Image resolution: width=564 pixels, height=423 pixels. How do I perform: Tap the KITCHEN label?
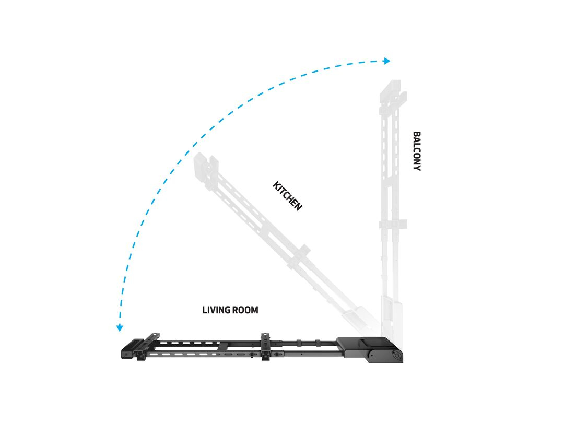pos(287,196)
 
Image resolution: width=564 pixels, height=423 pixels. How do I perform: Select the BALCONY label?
pos(417,151)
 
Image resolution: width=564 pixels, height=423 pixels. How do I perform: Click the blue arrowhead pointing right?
pos(387,61)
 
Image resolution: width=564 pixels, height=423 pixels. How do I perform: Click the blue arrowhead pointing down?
pos(120,327)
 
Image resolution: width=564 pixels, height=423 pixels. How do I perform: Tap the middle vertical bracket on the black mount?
pos(265,346)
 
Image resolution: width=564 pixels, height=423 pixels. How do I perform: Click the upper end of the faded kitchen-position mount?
pos(206,166)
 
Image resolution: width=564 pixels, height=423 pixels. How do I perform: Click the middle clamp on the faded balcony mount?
pos(393,224)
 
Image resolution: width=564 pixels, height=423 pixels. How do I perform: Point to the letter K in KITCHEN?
pos(276,185)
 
